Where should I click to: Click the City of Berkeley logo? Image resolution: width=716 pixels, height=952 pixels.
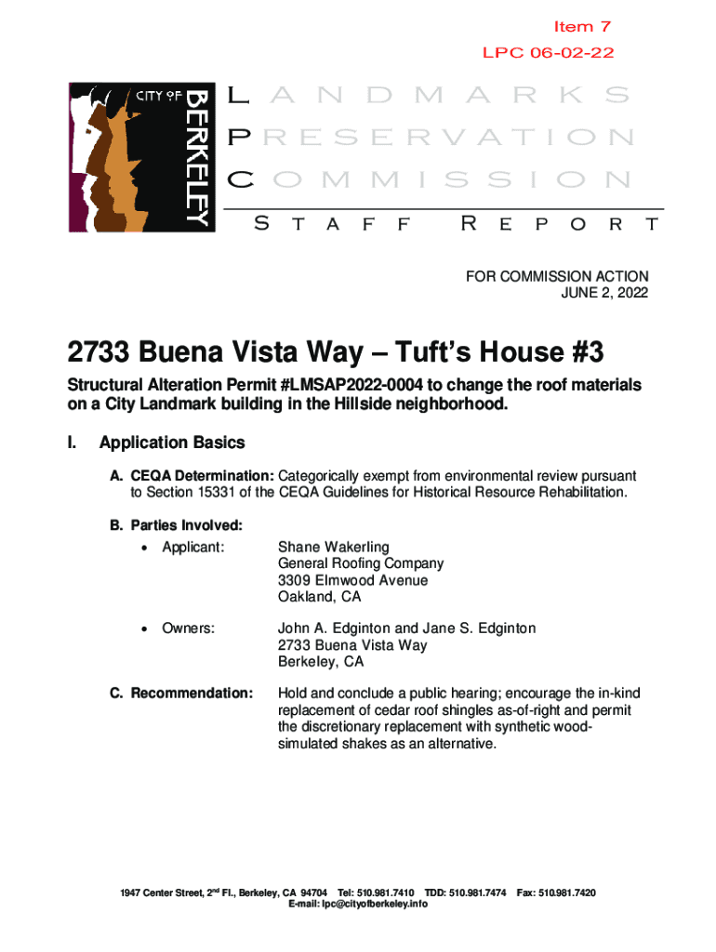[141, 157]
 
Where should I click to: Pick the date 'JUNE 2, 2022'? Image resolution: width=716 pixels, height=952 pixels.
[605, 293]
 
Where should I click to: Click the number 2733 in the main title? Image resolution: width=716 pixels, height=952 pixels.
[101, 353]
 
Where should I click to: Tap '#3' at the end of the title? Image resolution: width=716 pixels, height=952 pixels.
[580, 353]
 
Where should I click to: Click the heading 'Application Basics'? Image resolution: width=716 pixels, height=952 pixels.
[172, 443]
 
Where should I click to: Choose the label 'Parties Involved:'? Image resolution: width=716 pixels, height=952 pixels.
[174, 525]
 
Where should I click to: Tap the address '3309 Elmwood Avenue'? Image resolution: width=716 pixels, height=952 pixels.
[340, 580]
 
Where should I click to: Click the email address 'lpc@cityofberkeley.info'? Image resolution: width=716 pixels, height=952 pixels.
[358, 904]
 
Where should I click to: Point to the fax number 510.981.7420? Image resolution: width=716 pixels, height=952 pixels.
[570, 892]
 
